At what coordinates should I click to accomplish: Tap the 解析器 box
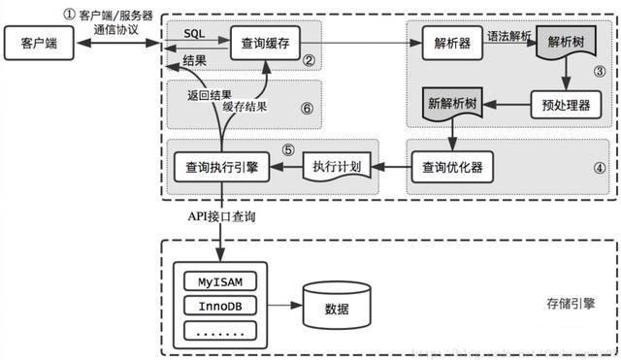pos(453,43)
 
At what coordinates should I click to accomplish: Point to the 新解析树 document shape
pos(454,102)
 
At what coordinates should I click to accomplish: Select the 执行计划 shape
pos(338,166)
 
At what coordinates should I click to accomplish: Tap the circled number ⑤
pos(288,150)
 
